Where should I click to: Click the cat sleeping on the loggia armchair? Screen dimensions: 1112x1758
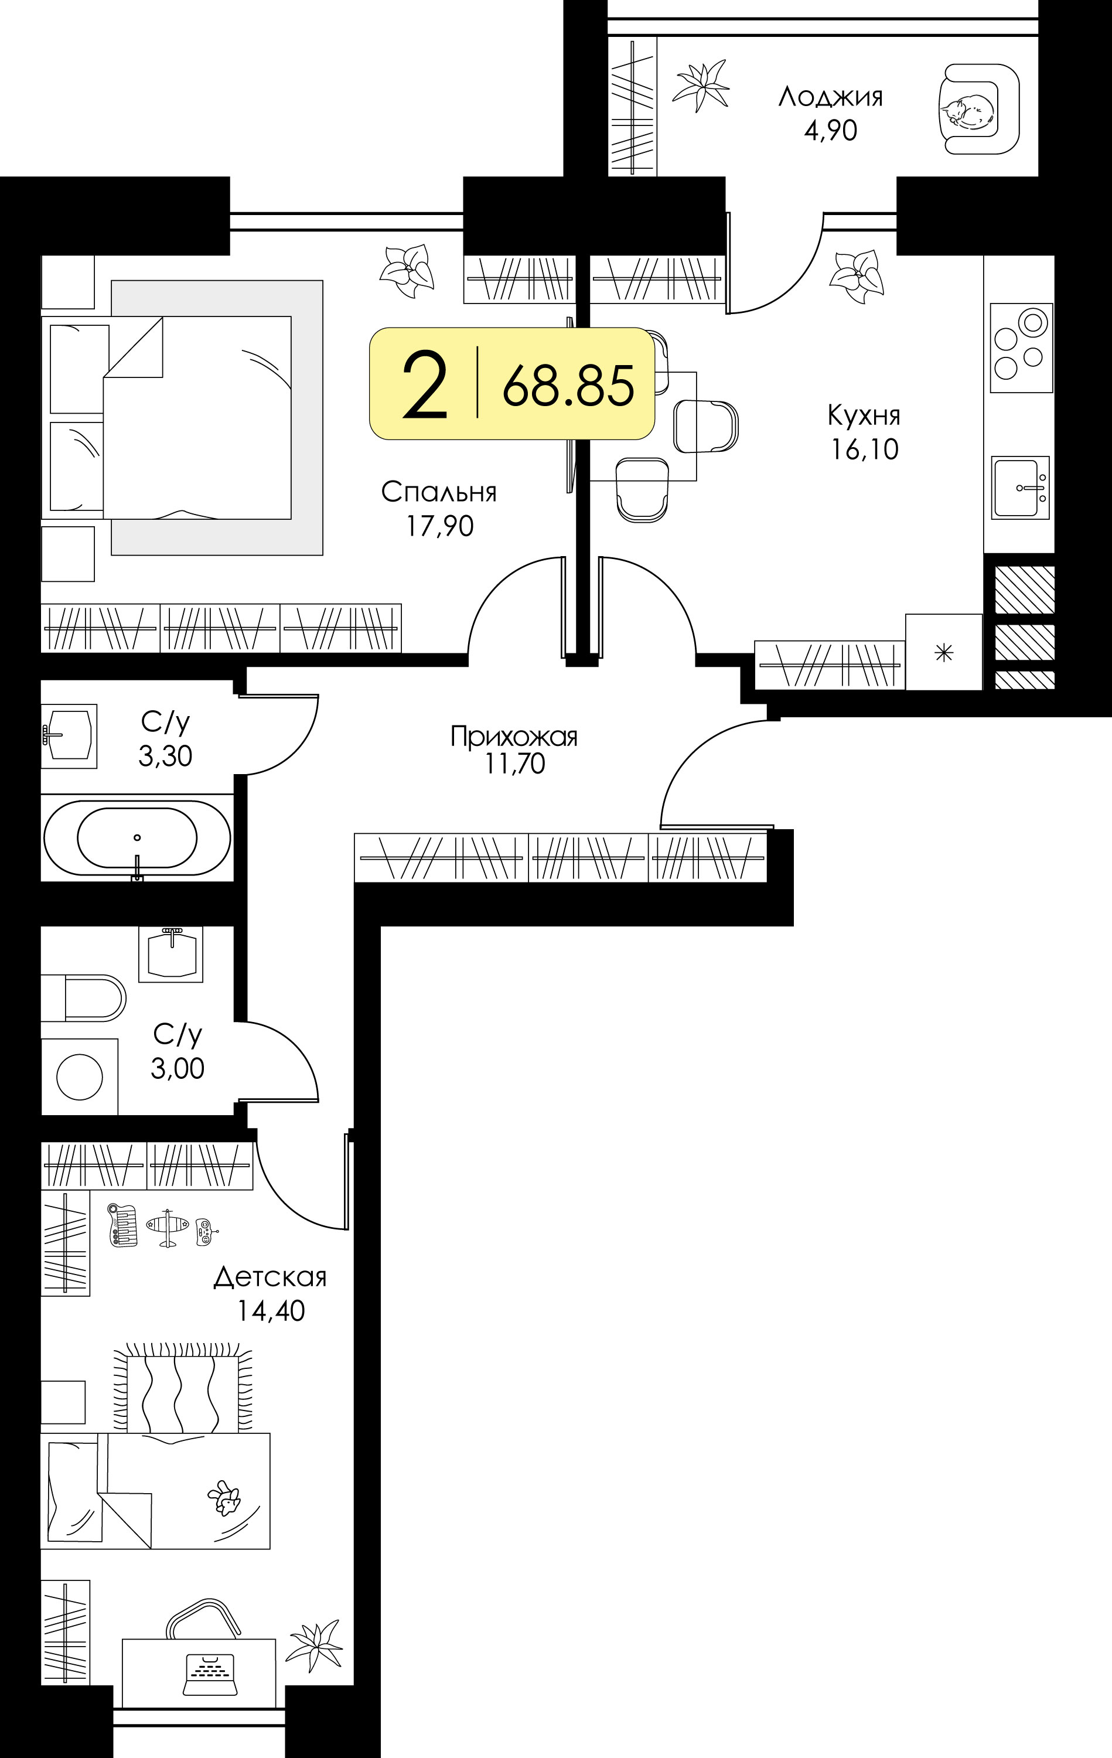click(967, 113)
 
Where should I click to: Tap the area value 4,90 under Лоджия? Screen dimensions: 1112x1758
click(830, 131)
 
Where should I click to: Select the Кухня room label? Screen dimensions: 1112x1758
click(864, 415)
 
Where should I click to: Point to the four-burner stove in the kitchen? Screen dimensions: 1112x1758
click(1021, 347)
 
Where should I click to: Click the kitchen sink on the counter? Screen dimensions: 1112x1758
click(1020, 487)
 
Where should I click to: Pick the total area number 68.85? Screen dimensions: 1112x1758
click(568, 386)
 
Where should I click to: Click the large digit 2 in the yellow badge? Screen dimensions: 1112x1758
click(424, 385)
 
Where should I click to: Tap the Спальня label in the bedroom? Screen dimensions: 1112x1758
click(439, 492)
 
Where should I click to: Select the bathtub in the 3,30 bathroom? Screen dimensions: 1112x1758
click(137, 838)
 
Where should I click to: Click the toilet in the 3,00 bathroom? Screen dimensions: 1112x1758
click(83, 997)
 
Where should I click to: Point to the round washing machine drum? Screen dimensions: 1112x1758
click(80, 1077)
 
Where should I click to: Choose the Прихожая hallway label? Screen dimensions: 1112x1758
click(514, 737)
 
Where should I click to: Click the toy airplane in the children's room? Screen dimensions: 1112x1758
click(168, 1229)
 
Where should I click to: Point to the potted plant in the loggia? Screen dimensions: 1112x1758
click(700, 86)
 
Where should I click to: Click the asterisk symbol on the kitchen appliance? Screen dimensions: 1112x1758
click(944, 652)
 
